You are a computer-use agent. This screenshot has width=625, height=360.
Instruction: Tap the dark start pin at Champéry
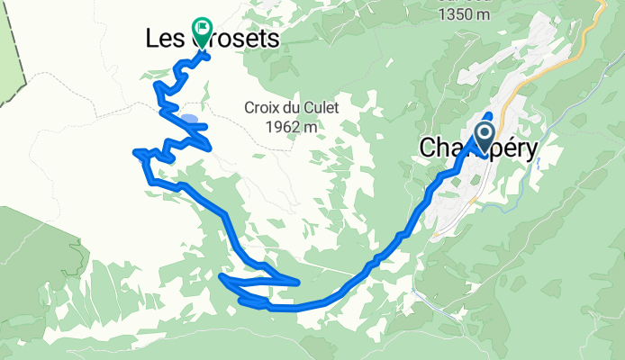coord(484,138)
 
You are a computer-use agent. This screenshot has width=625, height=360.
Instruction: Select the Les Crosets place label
coord(213,40)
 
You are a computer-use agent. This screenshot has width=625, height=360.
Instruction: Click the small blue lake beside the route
coord(190,118)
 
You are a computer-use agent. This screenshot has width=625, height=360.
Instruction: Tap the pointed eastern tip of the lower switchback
coord(297,283)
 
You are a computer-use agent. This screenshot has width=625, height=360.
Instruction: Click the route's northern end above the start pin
coord(489,115)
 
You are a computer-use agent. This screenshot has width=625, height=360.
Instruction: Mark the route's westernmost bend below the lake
coord(136,153)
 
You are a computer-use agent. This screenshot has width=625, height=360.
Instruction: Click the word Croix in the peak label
coord(261,108)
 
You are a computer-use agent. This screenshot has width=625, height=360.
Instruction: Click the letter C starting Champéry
coord(429,148)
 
